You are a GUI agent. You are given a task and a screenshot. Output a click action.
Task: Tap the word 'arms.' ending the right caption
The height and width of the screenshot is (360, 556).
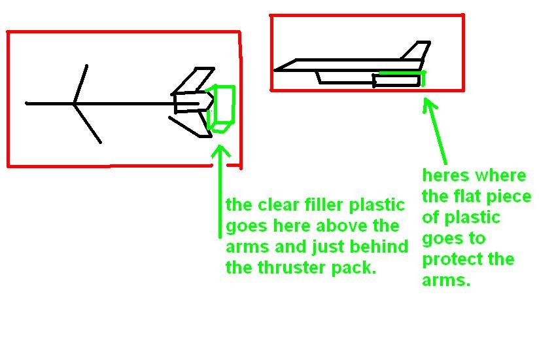[x=446, y=281]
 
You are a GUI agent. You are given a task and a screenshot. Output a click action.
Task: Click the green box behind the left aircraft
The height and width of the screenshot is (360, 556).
[x=222, y=108]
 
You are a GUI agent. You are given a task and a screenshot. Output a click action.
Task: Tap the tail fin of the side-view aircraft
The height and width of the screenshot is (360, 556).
[x=417, y=52]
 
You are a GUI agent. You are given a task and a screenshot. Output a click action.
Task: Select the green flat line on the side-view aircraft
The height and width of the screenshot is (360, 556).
[x=400, y=73]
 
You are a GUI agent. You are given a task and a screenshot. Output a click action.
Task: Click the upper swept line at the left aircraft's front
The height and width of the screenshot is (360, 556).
[x=81, y=84]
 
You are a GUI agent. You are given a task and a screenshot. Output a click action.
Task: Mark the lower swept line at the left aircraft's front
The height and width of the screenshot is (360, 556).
[x=88, y=123]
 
